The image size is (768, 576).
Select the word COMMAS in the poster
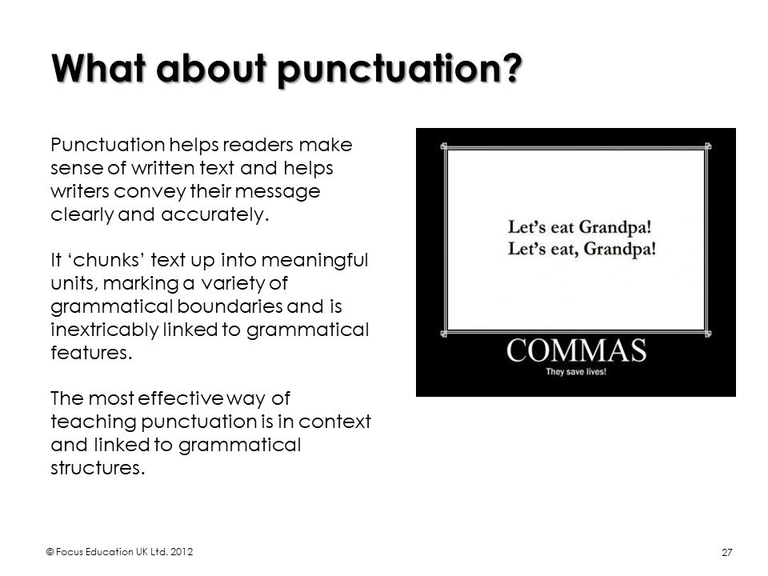pos(576,350)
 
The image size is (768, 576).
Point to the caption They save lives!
pos(576,372)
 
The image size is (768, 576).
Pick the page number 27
pos(727,553)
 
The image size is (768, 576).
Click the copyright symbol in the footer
pos(50,552)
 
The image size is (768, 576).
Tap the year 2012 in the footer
pos(182,552)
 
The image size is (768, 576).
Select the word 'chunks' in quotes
pos(107,260)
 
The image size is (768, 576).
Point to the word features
pos(91,353)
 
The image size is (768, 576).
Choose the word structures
pos(98,468)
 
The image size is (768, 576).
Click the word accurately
pos(215,214)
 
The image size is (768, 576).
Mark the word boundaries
pos(230,306)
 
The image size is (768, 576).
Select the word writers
pos(80,191)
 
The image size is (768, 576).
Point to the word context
pos(334,422)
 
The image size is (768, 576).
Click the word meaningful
pos(314,261)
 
